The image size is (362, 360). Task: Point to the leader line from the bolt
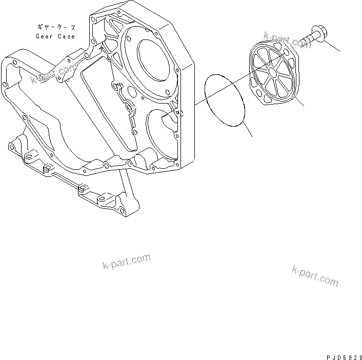(331, 46)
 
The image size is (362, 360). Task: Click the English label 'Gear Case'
(55, 36)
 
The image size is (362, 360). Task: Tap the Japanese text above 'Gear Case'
(56, 26)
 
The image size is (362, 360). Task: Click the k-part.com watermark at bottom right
(315, 275)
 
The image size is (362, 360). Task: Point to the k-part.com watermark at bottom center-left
(126, 263)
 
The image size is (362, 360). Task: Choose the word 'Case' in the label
(67, 36)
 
